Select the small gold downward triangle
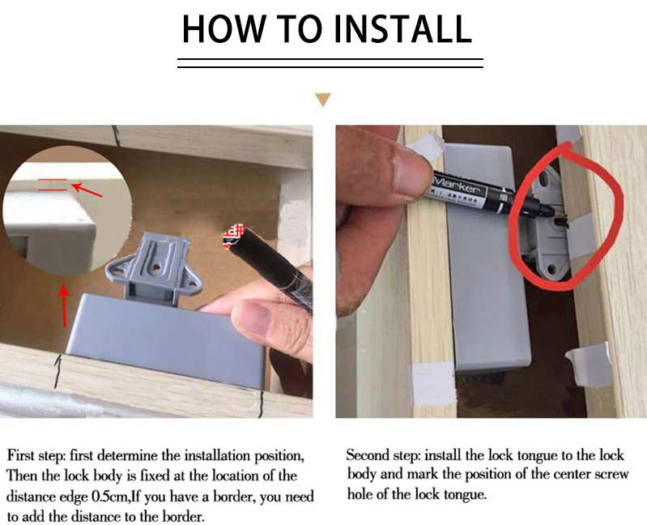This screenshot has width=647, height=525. click(323, 100)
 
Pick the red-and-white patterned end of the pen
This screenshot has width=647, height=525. click(235, 237)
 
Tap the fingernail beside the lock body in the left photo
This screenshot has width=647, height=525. click(258, 319)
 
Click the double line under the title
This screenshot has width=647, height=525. click(330, 62)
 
